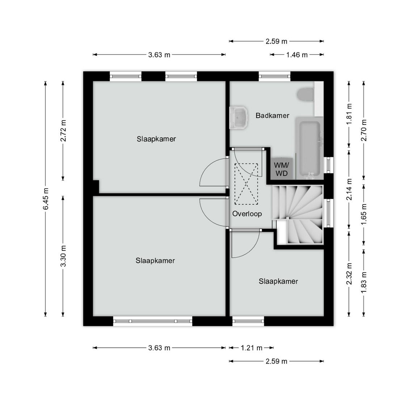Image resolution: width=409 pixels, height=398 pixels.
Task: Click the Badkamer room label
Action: [272, 115]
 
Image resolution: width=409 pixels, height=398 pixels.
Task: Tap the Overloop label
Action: [247, 214]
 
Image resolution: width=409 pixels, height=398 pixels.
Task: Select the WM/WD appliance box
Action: [282, 169]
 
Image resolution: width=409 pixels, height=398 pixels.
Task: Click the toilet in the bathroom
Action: [305, 94]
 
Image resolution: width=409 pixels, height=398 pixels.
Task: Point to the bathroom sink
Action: [238, 117]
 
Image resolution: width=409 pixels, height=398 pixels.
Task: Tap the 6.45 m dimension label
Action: [46, 199]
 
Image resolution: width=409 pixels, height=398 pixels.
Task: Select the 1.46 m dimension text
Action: [297, 55]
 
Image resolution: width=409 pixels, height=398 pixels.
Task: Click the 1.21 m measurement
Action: [252, 348]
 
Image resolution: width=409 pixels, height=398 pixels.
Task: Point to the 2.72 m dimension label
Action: [63, 130]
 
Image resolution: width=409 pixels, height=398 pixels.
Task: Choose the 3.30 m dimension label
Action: [63, 256]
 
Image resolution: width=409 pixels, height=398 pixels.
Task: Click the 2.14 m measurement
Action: [349, 189]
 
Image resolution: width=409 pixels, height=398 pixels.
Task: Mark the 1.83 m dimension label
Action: [364, 283]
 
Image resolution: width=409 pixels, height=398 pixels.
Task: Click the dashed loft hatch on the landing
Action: [246, 184]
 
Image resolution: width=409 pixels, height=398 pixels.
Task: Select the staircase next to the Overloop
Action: [298, 215]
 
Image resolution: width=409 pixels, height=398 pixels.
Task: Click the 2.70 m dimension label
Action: [364, 130]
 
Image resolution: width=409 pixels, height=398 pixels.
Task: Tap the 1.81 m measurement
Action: [349, 115]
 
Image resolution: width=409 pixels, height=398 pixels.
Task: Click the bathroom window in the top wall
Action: [275, 76]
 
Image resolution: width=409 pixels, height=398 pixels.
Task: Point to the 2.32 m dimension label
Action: [349, 274]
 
